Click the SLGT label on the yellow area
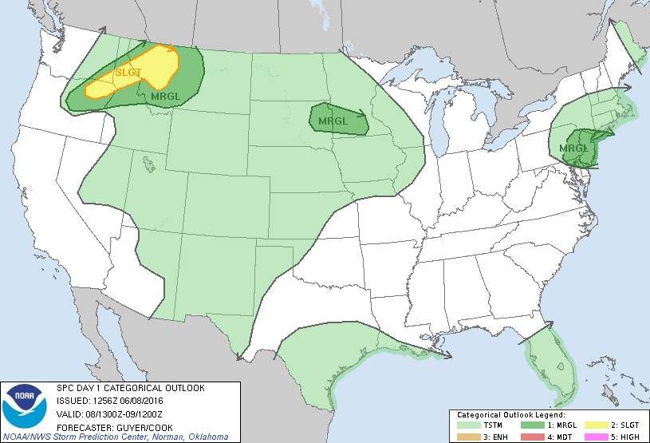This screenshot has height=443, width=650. click(x=128, y=73)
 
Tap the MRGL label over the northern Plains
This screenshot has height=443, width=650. click(x=333, y=121)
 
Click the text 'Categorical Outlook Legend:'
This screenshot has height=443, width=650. click(x=510, y=415)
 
